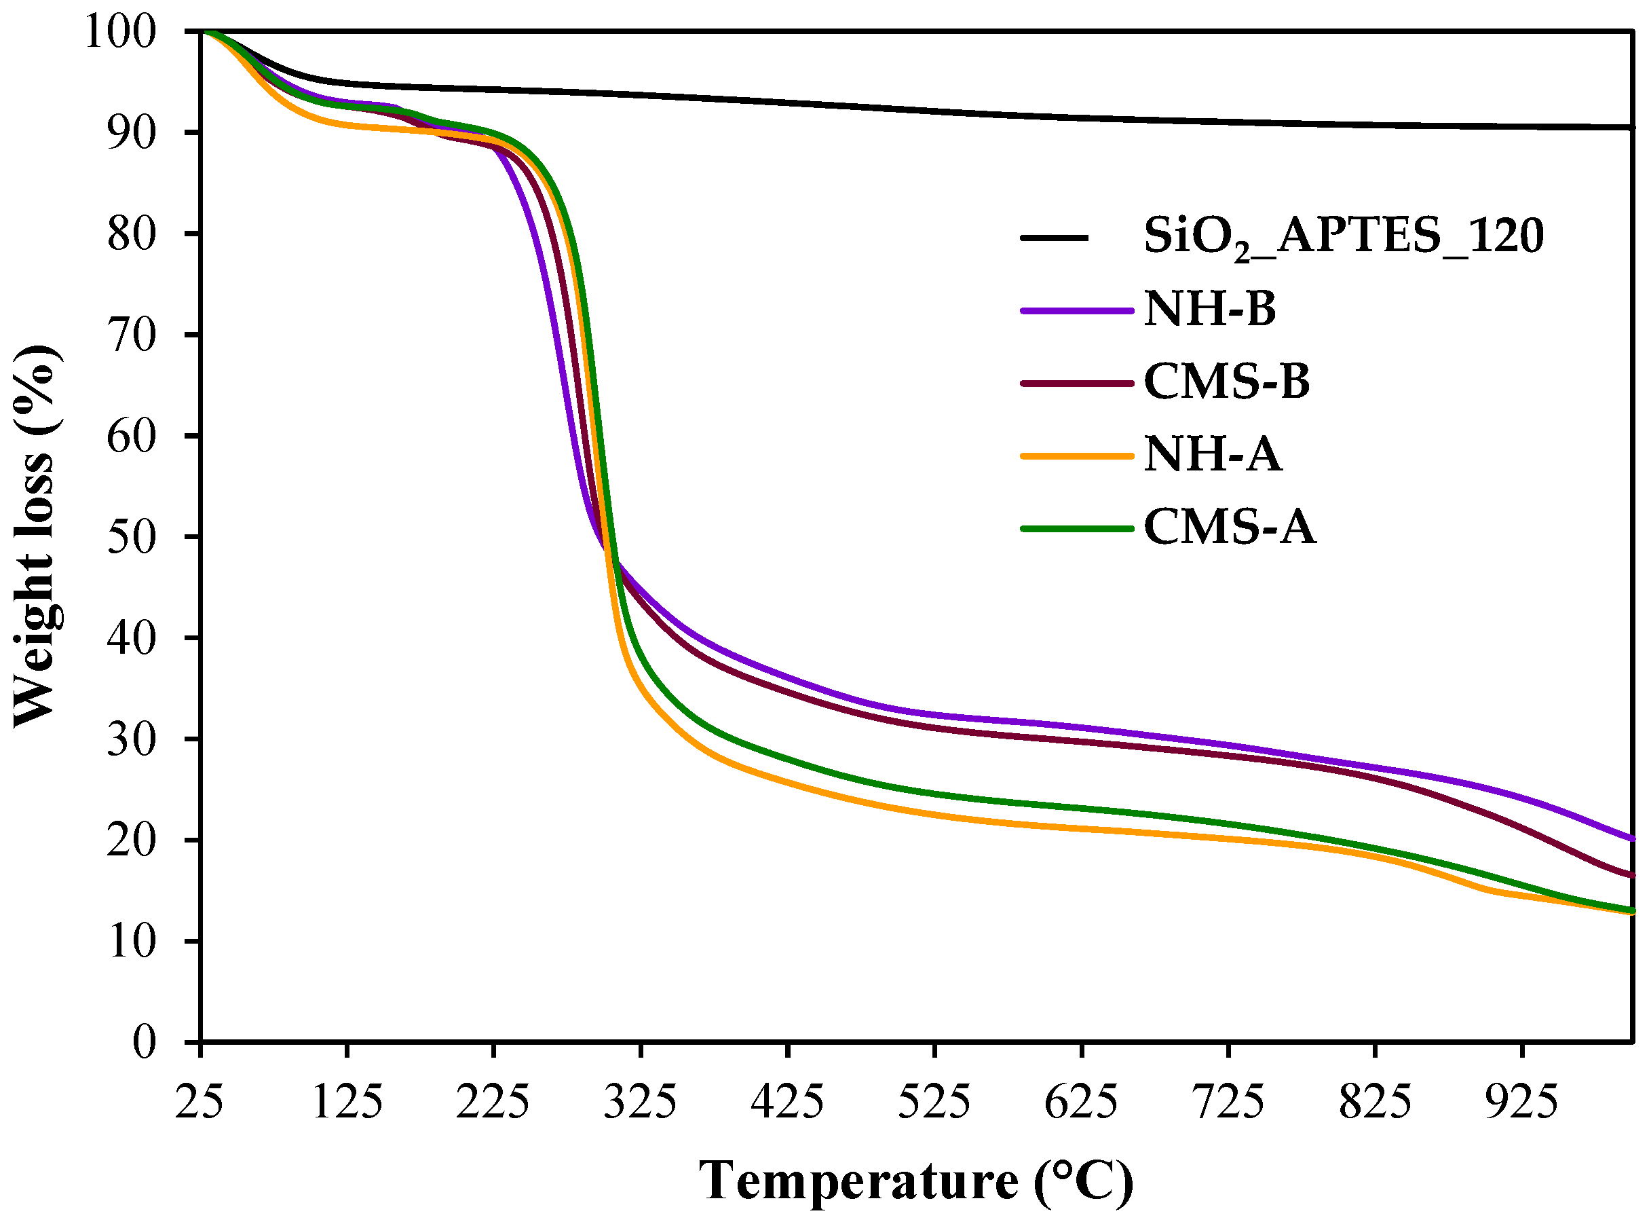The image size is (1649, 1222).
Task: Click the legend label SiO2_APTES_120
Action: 1344,238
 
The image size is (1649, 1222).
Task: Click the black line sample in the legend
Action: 1055,238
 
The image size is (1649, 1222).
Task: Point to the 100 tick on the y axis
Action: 131,33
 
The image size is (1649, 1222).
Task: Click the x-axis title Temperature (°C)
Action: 915,1181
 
